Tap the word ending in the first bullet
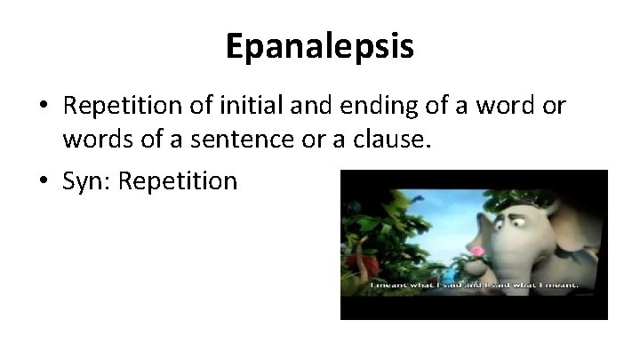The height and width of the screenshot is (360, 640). click(x=358, y=108)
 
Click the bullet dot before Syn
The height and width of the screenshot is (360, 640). click(x=44, y=181)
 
